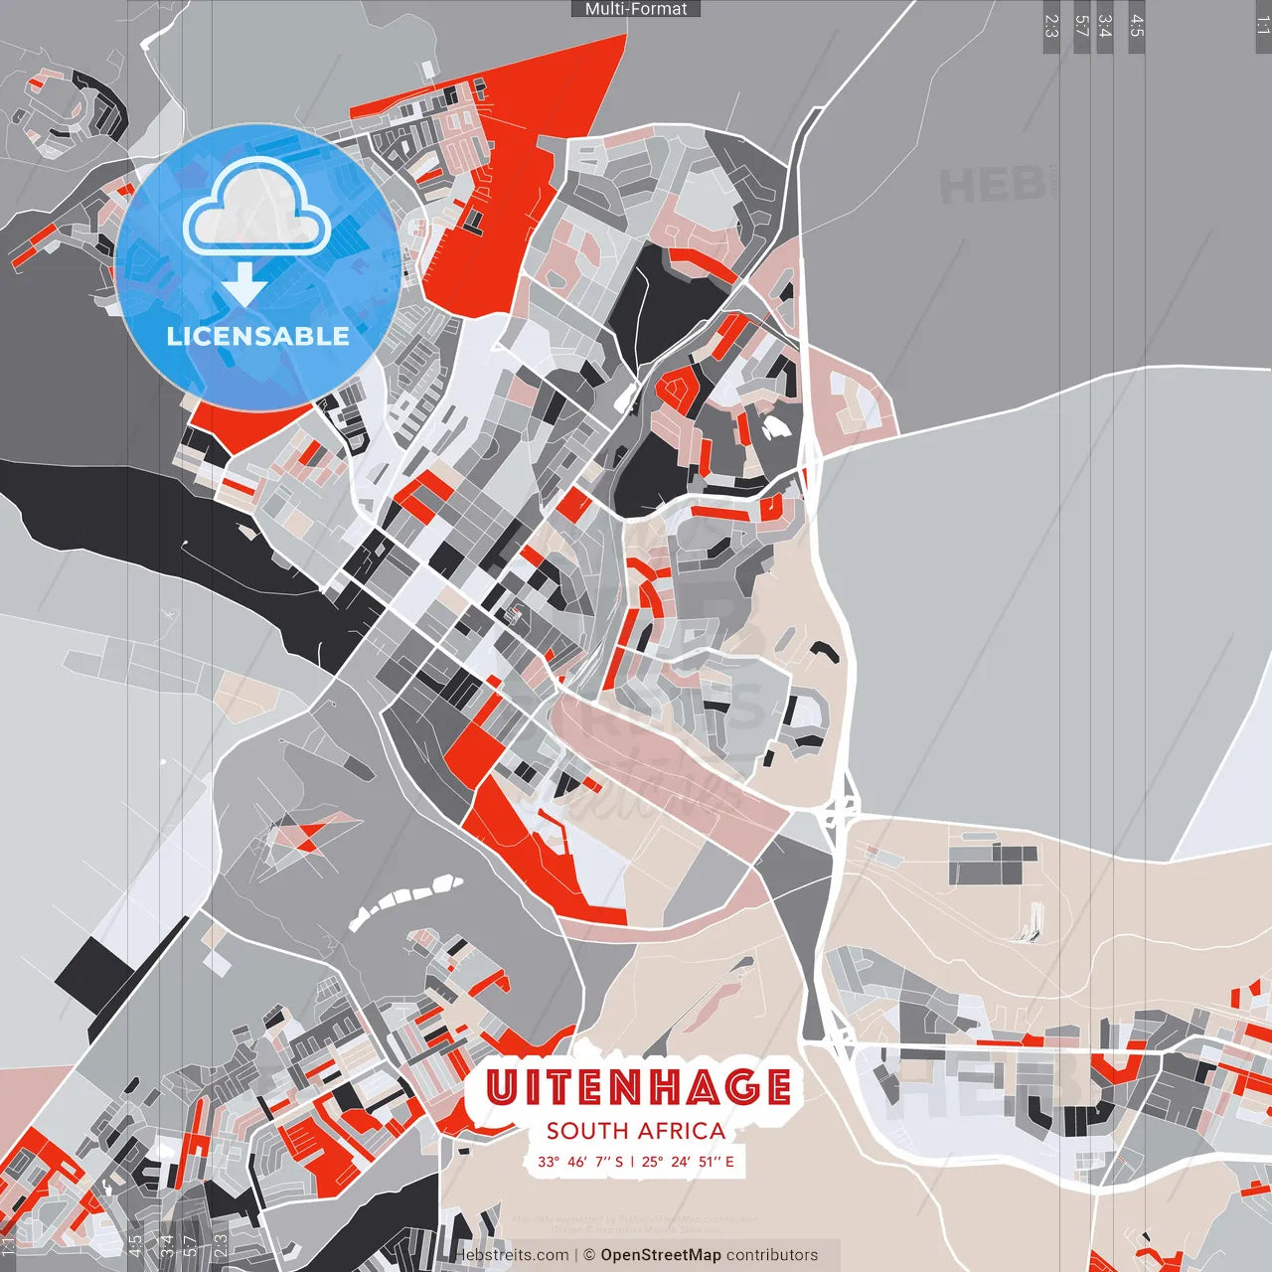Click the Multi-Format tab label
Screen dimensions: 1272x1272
636,9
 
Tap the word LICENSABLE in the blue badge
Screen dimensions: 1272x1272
257,336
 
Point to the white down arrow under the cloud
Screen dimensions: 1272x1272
244,284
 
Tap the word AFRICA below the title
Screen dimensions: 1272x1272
682,1131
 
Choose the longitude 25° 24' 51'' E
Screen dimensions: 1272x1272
689,1161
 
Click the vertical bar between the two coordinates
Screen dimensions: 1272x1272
632,1161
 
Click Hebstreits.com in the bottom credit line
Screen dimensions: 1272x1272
513,1255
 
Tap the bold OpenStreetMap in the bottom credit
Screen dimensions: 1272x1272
661,1255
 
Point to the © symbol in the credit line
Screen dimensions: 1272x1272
588,1255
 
